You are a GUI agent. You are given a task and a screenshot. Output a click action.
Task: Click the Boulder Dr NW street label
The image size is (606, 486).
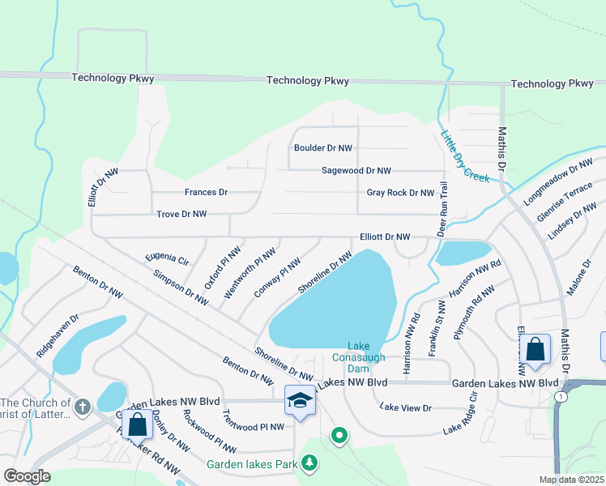[x=322, y=148]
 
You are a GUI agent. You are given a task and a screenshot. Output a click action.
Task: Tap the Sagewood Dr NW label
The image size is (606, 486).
[x=356, y=171]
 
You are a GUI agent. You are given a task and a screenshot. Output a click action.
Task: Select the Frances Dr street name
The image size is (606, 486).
[x=206, y=193]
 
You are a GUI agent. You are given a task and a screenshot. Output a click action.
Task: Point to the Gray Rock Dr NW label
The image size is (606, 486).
[x=400, y=193]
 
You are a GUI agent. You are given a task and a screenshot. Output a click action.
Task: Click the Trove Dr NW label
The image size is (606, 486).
[x=181, y=214]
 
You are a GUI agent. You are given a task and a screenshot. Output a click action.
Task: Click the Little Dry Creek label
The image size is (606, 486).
[x=465, y=156]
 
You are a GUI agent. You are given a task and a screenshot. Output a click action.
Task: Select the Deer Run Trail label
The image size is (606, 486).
[x=443, y=208]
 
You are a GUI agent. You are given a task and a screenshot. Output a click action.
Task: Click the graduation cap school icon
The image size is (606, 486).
[x=300, y=402]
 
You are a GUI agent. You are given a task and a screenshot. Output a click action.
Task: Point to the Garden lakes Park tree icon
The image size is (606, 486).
[x=309, y=463]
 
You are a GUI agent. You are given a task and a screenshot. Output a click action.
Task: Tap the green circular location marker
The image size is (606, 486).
[x=339, y=437]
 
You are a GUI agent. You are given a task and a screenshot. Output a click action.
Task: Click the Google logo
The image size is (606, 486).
[x=28, y=476]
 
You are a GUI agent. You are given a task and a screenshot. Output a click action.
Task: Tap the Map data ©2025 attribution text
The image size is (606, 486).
[x=571, y=480]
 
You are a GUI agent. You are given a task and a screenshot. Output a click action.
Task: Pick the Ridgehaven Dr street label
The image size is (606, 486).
[x=58, y=337]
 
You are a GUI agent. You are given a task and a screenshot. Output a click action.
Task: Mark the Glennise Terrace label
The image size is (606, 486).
[x=565, y=202]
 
